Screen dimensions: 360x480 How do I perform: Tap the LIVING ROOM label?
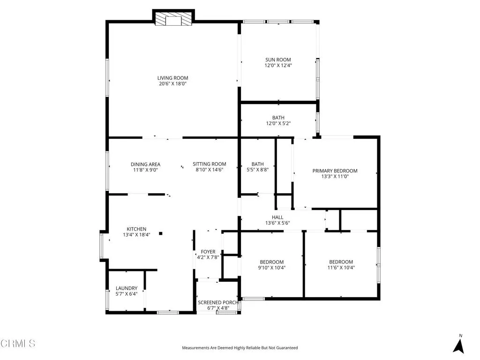pyautogui.click(x=172, y=78)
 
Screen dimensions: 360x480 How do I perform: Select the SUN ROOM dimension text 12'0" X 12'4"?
pyautogui.click(x=278, y=66)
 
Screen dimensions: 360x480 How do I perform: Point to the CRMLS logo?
pyautogui.click(x=18, y=344)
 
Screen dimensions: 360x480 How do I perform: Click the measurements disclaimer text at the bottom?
pyautogui.click(x=240, y=348)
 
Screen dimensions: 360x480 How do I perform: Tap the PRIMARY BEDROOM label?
pyautogui.click(x=335, y=171)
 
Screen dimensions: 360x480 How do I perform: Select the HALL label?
pyautogui.click(x=277, y=217)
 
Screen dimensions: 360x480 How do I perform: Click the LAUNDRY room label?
pyautogui.click(x=127, y=288)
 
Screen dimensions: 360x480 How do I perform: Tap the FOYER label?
pyautogui.click(x=208, y=252)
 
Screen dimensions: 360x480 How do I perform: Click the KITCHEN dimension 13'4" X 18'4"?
pyautogui.click(x=136, y=235)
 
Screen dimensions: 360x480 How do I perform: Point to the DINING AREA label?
pyautogui.click(x=145, y=164)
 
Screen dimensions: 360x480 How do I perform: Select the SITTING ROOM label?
pyautogui.click(x=209, y=164)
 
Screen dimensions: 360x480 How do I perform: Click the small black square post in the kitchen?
pyautogui.click(x=160, y=233)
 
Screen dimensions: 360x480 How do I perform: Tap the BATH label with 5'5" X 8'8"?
pyautogui.click(x=257, y=164)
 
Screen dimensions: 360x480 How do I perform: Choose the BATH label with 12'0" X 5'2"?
pyautogui.click(x=278, y=118)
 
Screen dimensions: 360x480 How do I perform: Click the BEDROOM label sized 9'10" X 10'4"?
pyautogui.click(x=272, y=262)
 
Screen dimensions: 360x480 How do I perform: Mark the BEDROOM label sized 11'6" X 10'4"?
pyautogui.click(x=341, y=262)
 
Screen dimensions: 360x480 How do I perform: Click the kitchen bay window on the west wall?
pyautogui.click(x=102, y=245)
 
